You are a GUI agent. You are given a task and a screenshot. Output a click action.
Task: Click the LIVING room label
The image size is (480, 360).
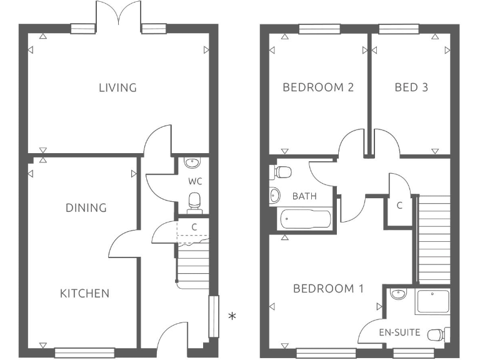tap(117, 87)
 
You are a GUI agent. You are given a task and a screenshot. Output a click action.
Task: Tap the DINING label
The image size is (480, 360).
tap(86, 207)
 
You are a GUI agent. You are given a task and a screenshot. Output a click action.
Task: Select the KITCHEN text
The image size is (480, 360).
tap(85, 293)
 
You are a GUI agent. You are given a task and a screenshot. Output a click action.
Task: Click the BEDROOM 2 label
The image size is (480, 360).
tap(318, 87)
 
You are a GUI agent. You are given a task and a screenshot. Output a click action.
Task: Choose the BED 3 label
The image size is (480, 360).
tap(411, 87)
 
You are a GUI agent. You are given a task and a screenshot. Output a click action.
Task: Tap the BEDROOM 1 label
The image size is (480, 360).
tap(328, 289)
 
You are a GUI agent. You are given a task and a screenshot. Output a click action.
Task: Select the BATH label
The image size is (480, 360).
tap(304, 196)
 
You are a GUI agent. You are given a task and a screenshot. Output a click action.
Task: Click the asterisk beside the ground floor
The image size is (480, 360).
tap(232, 316)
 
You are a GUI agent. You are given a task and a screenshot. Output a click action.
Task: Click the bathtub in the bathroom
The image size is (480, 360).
tap(304, 219)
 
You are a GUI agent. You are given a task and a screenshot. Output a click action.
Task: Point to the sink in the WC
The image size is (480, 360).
tap(191, 164)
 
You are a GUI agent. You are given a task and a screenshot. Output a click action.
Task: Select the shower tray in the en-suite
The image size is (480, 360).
tap(432, 302)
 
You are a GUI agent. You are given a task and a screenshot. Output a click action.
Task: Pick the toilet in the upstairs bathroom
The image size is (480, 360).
tap(282, 171)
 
